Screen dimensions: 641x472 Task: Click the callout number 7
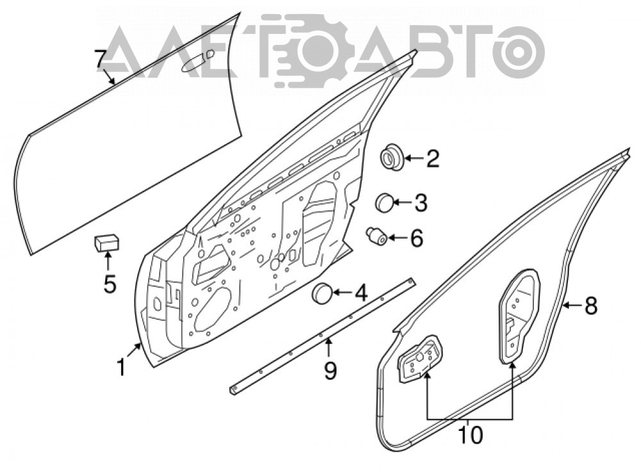(x=101, y=59)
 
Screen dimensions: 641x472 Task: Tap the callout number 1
(x=121, y=367)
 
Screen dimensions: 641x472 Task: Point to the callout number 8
(x=591, y=305)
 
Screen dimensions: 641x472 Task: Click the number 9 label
(x=330, y=371)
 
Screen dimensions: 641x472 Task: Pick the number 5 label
(x=110, y=284)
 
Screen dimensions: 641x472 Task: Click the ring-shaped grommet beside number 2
(x=392, y=158)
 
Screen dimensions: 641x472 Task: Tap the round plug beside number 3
(x=385, y=203)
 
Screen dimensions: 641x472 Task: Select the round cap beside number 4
(x=322, y=293)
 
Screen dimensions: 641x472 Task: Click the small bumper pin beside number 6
(x=376, y=236)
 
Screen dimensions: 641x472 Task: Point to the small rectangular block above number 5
(x=106, y=242)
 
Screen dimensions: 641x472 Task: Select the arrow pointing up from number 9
(x=327, y=348)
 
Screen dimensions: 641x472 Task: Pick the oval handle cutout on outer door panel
(x=192, y=63)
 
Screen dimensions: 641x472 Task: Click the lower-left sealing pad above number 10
(x=421, y=359)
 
